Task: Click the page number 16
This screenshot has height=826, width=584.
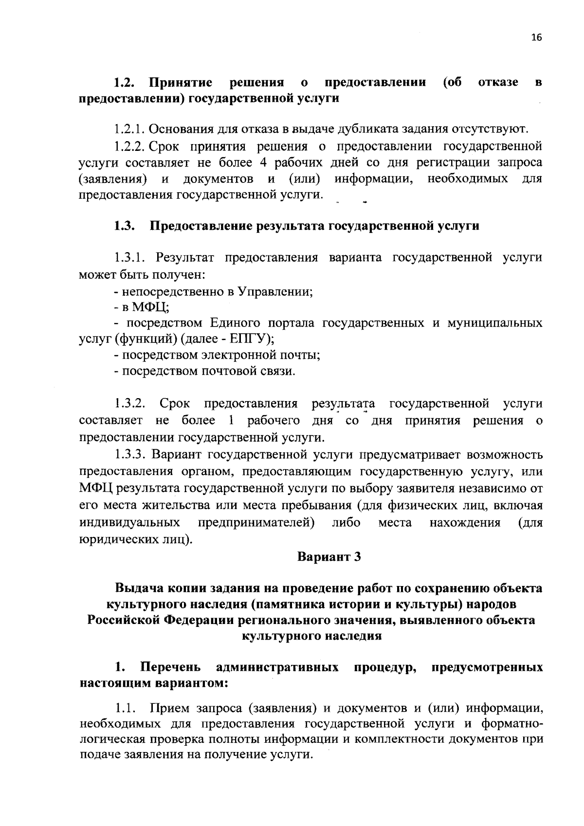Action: point(536,38)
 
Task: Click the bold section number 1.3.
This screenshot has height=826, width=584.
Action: point(125,226)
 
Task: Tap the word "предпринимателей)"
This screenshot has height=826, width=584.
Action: point(256,523)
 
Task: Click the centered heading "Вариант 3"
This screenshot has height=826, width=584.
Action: point(329,556)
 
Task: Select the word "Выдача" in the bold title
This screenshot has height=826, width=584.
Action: point(138,588)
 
